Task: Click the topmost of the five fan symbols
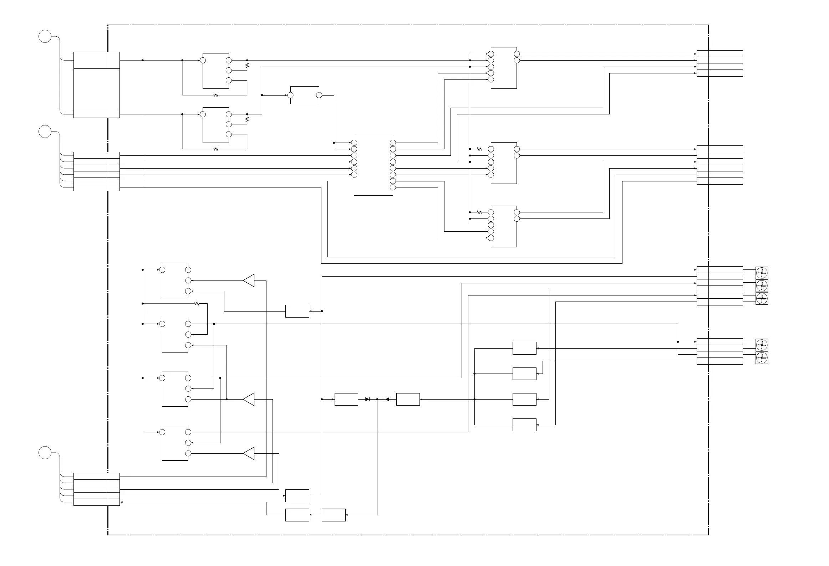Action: click(x=762, y=273)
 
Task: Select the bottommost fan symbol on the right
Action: click(x=762, y=357)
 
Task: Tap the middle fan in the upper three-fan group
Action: click(x=762, y=285)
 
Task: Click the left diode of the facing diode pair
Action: click(x=367, y=399)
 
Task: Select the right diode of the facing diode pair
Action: click(x=387, y=399)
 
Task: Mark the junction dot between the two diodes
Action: click(x=377, y=399)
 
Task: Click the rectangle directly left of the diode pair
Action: click(x=346, y=399)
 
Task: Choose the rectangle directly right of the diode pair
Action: click(x=408, y=399)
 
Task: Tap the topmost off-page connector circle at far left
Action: click(x=45, y=36)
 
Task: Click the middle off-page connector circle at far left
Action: click(x=45, y=131)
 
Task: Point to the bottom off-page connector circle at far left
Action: click(x=45, y=453)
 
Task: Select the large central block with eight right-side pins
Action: click(x=373, y=165)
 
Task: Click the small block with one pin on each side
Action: click(x=305, y=95)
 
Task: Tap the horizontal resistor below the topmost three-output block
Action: click(x=215, y=95)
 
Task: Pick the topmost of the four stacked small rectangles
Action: click(x=524, y=348)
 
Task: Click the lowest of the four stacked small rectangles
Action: click(x=524, y=425)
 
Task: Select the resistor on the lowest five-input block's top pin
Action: click(x=479, y=212)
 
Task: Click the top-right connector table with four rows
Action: click(x=719, y=63)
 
